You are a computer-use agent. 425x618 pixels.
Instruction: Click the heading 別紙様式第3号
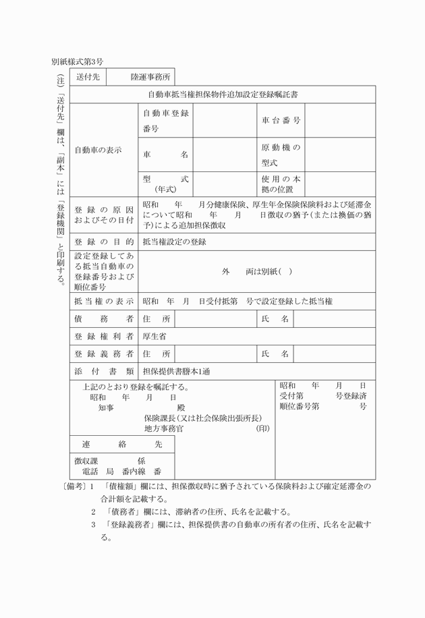(77, 61)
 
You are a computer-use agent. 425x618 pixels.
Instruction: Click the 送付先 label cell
(88, 77)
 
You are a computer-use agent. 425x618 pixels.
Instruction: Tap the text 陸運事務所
(151, 77)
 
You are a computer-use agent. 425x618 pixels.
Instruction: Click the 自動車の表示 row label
(98, 150)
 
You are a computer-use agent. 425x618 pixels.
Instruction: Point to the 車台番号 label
(281, 120)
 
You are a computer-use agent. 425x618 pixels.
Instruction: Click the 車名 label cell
(165, 154)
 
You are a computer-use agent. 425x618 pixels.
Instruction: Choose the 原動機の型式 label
(281, 154)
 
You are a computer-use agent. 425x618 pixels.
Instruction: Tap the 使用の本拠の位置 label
(281, 184)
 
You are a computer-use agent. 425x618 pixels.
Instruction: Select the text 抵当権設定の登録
(174, 242)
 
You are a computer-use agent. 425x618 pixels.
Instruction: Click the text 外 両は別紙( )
(257, 271)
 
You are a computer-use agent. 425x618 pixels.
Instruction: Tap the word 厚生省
(154, 335)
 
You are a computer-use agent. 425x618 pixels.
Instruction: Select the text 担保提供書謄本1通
(176, 371)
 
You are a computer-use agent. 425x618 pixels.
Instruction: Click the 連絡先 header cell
(121, 445)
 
